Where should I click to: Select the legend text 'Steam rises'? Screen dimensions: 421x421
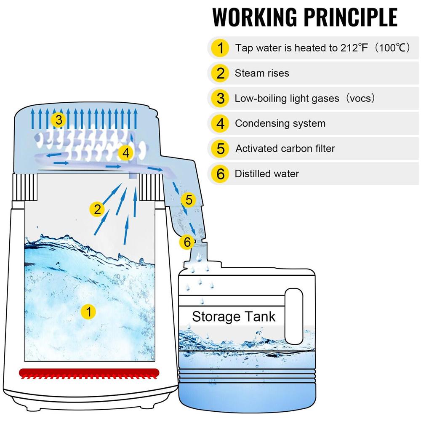tap(262, 73)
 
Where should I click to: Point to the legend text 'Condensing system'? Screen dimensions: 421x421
tap(280, 123)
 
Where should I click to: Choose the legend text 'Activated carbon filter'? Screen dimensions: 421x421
tap(285, 149)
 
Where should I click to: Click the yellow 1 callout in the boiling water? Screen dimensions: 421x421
tap(88, 312)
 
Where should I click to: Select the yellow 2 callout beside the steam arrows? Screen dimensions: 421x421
tap(98, 209)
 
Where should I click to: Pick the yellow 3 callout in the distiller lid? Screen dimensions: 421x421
tap(59, 121)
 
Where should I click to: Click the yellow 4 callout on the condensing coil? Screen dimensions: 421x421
tap(125, 153)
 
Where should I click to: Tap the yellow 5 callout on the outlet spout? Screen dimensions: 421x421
tap(189, 200)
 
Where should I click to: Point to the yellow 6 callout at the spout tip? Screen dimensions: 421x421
tap(187, 242)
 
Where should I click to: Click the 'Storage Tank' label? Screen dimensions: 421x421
tap(234, 317)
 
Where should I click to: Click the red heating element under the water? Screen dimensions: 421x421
tap(88, 373)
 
